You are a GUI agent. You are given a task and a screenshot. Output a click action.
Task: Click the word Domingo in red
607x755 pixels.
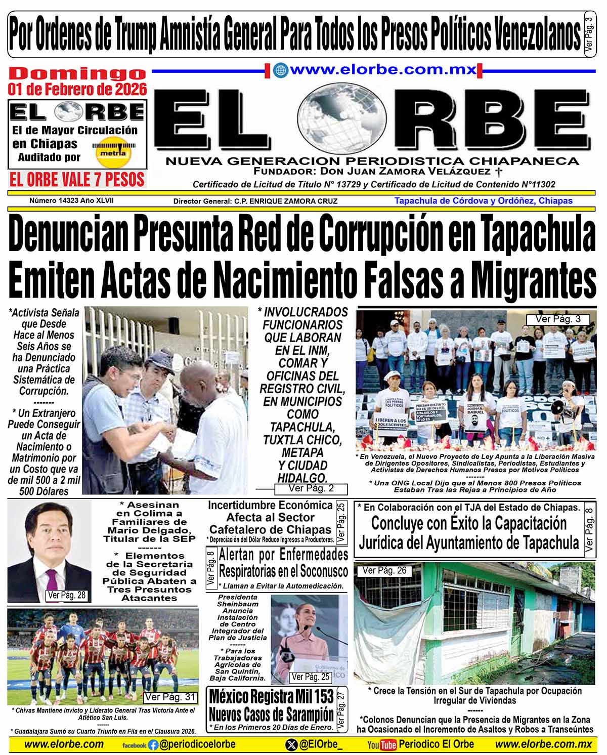pos(77,74)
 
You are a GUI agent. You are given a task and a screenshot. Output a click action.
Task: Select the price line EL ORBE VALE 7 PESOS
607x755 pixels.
pos(77,180)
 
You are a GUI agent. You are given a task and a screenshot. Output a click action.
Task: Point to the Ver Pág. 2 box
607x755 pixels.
pos(311,489)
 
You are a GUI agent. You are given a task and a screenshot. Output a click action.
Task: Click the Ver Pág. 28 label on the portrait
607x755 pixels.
pos(66,595)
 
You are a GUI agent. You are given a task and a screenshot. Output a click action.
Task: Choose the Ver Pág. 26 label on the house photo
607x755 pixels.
pos(384,571)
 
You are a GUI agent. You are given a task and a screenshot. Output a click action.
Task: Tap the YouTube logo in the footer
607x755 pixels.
pos(382,745)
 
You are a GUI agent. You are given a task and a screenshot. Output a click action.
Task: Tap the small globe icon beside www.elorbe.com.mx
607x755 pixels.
pos(279,70)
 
